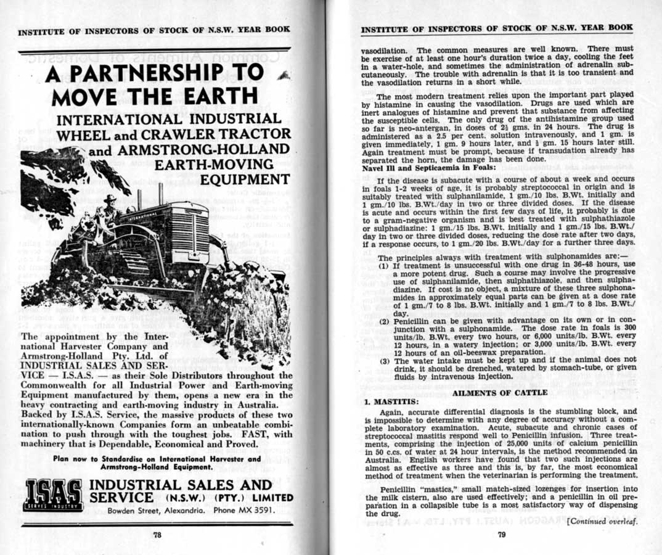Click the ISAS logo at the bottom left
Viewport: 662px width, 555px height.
(53, 495)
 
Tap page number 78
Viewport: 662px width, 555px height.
(157, 535)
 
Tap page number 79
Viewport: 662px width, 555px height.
(501, 535)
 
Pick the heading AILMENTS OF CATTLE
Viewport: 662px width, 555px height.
(500, 392)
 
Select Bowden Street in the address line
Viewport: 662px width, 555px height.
(134, 511)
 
